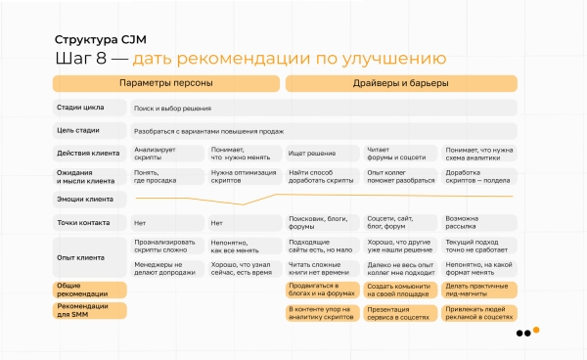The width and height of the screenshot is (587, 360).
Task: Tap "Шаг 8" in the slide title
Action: tap(80, 61)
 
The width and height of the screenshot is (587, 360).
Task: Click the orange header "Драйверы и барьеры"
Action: tap(401, 84)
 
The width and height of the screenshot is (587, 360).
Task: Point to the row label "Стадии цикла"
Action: tap(79, 108)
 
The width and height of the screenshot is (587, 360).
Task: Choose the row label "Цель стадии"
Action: tap(77, 130)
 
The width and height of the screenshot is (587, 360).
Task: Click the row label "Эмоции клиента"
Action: tap(85, 200)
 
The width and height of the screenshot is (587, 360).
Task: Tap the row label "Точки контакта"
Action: tap(83, 222)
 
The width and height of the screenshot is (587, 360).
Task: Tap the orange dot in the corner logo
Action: tap(536, 331)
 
